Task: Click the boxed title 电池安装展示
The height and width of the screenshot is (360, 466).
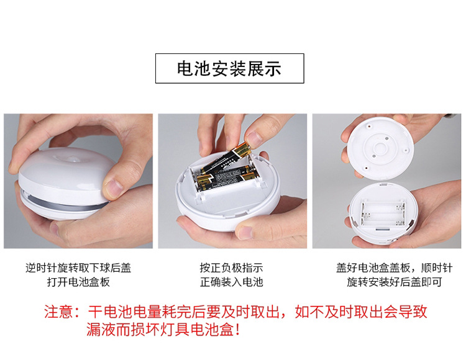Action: coord(229,68)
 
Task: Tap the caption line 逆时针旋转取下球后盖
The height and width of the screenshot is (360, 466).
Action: coord(78,268)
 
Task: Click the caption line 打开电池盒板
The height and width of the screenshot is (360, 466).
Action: coord(78,282)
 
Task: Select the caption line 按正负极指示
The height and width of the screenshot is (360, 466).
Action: coord(231,268)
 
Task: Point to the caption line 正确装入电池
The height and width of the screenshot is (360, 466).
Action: coord(231,282)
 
